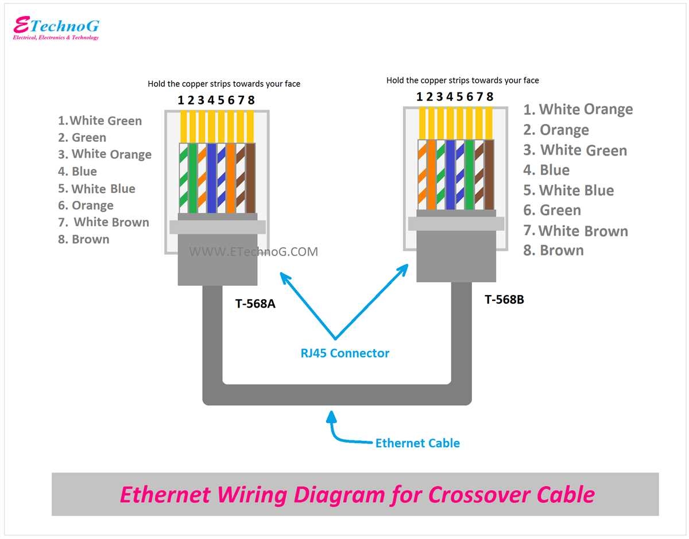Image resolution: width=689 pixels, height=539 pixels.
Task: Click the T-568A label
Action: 255,304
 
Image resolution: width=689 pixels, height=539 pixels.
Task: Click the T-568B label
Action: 504,299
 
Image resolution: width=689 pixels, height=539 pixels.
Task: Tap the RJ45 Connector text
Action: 344,353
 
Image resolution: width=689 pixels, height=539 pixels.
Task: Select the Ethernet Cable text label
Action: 417,443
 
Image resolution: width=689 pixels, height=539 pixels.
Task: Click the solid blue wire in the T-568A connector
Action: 211,177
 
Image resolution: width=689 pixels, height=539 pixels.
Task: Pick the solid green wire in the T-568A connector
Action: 192,177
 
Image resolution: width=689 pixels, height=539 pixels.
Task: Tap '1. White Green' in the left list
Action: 100,121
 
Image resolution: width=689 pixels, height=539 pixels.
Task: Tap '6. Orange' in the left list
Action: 86,205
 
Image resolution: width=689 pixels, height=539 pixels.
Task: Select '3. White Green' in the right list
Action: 575,150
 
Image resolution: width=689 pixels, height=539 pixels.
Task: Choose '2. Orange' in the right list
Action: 556,130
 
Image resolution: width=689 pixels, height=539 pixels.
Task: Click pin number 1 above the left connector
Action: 180,100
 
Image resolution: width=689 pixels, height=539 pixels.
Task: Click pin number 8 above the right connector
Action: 490,96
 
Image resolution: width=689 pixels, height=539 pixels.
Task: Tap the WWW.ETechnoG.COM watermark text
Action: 253,251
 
